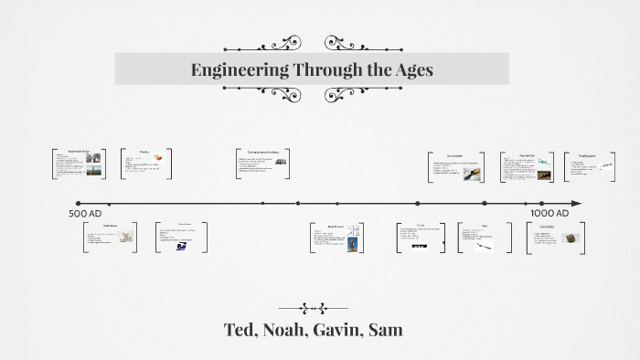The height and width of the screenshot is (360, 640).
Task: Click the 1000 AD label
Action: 549,213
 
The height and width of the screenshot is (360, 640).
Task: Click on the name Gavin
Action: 348,329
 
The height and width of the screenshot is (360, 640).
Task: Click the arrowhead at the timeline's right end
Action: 577,203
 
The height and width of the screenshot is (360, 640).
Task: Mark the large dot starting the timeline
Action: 78,203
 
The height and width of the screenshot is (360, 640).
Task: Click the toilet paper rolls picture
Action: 121,238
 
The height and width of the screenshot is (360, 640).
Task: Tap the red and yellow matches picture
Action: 158,155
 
